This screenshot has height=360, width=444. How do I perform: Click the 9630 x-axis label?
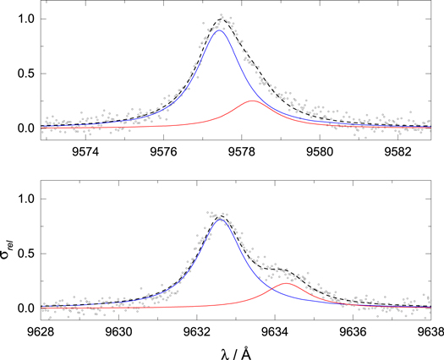click(119, 332)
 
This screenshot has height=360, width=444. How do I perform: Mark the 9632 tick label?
click(197, 332)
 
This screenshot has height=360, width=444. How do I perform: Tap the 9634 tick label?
click(276, 332)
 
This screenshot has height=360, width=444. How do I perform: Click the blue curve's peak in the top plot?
click(219, 30)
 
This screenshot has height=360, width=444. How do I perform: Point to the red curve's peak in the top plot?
click(253, 101)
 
